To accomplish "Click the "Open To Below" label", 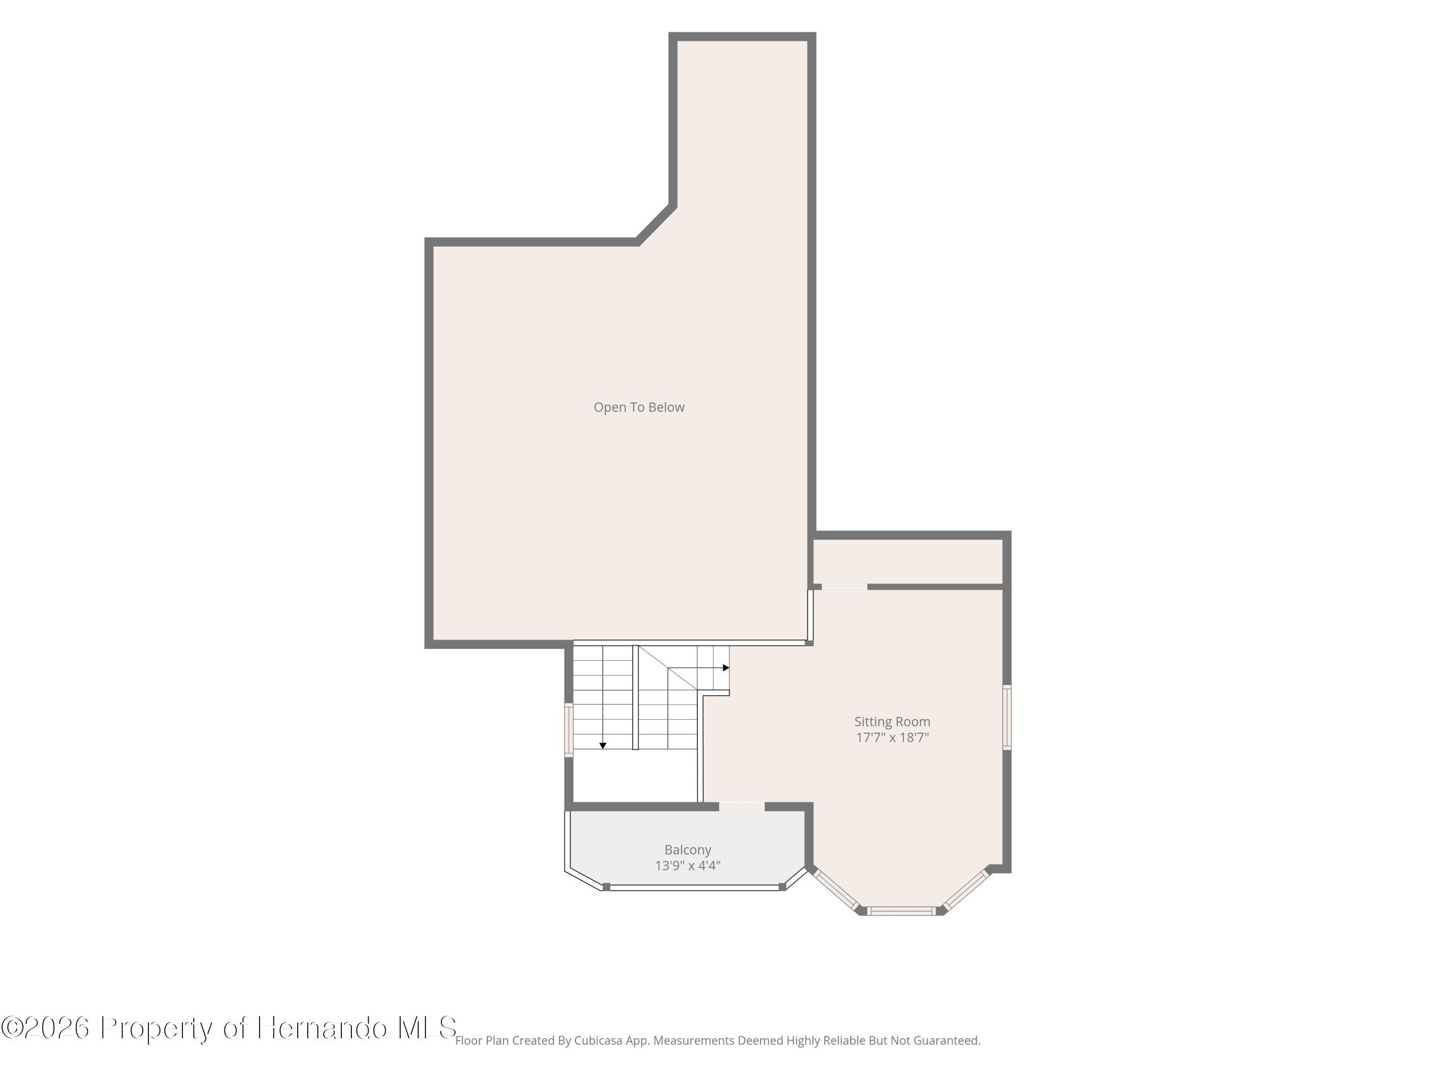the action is pos(639,407).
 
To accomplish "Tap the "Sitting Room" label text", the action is pos(892,722).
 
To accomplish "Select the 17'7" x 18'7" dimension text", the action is pos(892,738).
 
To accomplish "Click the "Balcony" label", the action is pos(687,850).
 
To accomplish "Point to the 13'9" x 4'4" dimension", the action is pos(687,865).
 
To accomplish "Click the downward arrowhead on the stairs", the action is pos(603,746).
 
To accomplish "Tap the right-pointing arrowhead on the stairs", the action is pos(726,667).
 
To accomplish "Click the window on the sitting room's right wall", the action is pos(1007,718).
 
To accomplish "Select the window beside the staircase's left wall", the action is pos(569,731).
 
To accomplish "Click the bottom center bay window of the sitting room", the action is pos(902,911).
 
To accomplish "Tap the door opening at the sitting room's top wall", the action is pos(844,587).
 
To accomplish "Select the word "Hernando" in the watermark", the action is pos(323,1028).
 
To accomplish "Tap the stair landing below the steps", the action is pos(635,776).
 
